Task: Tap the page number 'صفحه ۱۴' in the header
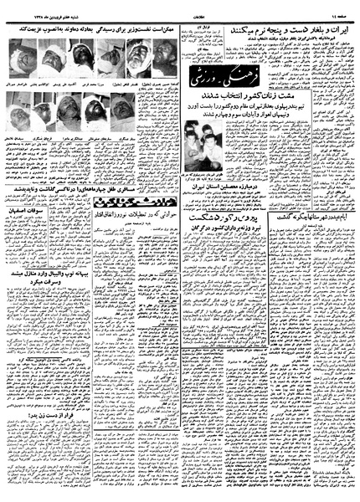[x=340, y=7]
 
